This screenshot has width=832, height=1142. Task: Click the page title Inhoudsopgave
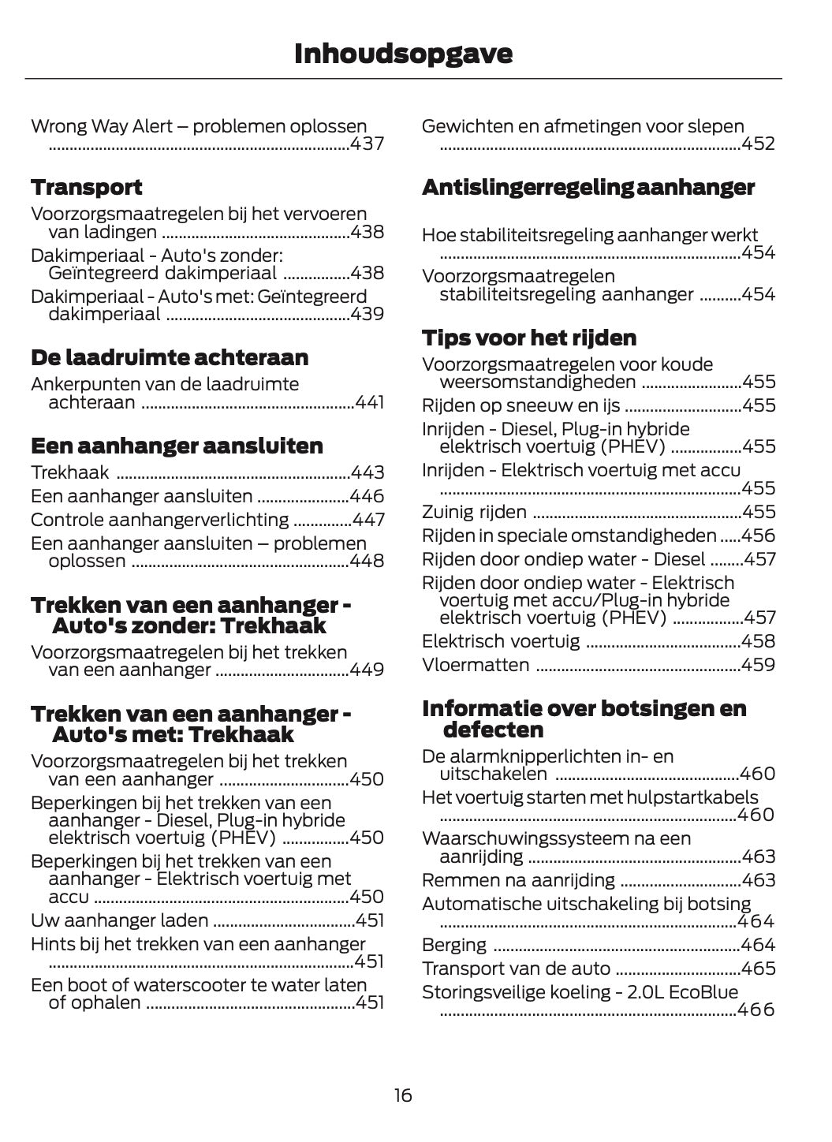pyautogui.click(x=403, y=54)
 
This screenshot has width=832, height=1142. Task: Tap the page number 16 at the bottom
pyautogui.click(x=403, y=1095)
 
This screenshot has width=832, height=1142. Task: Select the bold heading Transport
pyautogui.click(x=87, y=188)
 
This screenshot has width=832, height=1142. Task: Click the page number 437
pyautogui.click(x=367, y=144)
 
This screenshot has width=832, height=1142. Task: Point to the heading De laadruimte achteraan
pyautogui.click(x=170, y=358)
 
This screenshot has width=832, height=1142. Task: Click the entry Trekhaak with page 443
pyautogui.click(x=69, y=472)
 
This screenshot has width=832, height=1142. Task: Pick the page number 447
pyautogui.click(x=368, y=520)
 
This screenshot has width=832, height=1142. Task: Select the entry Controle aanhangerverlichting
pyautogui.click(x=159, y=520)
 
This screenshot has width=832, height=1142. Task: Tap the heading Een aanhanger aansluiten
pyautogui.click(x=177, y=446)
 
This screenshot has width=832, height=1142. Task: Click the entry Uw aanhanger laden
pyautogui.click(x=119, y=920)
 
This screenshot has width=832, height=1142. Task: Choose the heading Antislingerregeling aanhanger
pyautogui.click(x=588, y=188)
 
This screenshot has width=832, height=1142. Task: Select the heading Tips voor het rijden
pyautogui.click(x=529, y=338)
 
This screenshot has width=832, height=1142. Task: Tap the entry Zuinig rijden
pyautogui.click(x=474, y=512)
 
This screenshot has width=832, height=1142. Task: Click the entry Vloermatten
pyautogui.click(x=476, y=665)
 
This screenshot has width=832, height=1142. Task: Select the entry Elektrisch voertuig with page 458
pyautogui.click(x=501, y=641)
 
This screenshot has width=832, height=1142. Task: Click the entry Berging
pyautogui.click(x=454, y=945)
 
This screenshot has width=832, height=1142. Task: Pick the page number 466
pyautogui.click(x=756, y=1010)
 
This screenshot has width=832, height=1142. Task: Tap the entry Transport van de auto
pyautogui.click(x=517, y=968)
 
